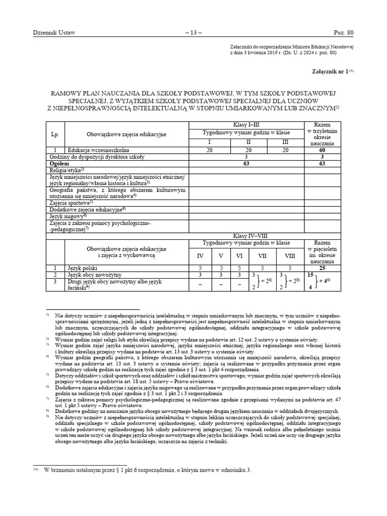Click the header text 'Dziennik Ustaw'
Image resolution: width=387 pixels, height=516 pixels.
pyautogui.click(x=54, y=33)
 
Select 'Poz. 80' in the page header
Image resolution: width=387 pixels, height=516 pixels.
pyautogui.click(x=344, y=33)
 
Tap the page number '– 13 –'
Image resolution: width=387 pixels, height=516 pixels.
pyautogui.click(x=193, y=33)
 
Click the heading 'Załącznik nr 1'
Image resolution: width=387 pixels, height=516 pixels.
pyautogui.click(x=331, y=72)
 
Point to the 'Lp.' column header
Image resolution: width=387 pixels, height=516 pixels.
pyautogui.click(x=55, y=135)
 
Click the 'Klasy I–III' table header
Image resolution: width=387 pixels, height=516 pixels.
pyautogui.click(x=246, y=124)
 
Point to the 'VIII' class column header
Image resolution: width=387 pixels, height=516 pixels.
pyautogui.click(x=289, y=256)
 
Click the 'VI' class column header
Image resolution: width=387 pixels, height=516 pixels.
pyautogui.click(x=239, y=256)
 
